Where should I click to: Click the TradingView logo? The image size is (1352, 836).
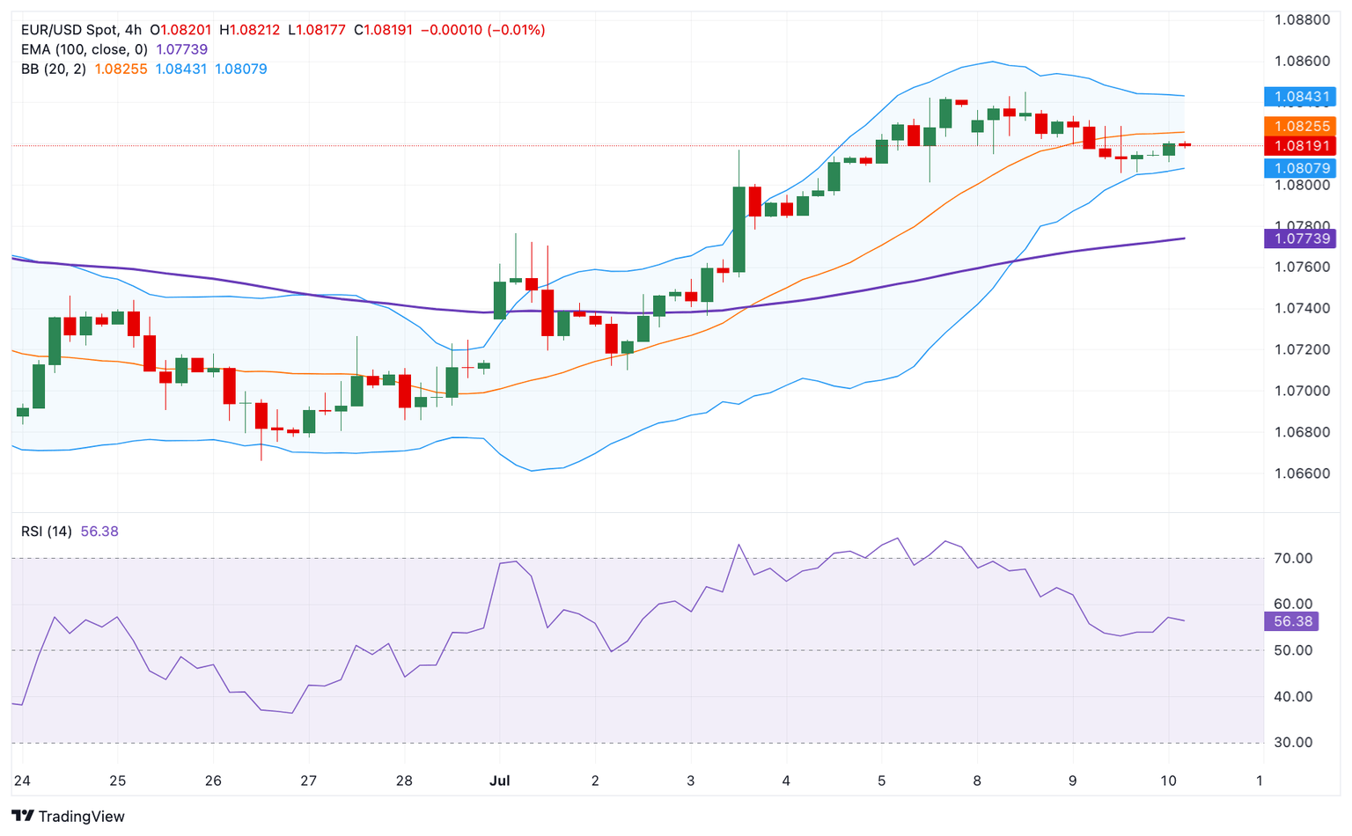(69, 816)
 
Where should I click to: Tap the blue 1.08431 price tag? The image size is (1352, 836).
(1300, 96)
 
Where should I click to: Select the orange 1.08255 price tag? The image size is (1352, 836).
(1300, 126)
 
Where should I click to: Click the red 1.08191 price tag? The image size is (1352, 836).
(1300, 145)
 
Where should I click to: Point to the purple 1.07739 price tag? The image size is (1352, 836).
(1300, 238)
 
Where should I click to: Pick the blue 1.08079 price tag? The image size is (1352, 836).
(1300, 167)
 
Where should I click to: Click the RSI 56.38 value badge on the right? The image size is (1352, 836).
(1291, 621)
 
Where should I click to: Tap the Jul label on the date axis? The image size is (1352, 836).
(499, 781)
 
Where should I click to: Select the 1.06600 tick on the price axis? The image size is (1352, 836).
(1302, 473)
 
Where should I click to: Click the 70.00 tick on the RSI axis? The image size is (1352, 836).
(1293, 558)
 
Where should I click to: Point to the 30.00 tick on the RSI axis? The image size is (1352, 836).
(1293, 743)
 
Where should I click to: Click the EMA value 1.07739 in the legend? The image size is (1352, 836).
(181, 49)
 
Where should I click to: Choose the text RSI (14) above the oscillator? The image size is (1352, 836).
(47, 532)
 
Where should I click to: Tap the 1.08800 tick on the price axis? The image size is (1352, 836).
(1302, 19)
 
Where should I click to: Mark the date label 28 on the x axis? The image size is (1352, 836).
(404, 781)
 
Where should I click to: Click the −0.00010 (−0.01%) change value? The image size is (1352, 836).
(482, 30)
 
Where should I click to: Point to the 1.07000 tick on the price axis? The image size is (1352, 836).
(1302, 391)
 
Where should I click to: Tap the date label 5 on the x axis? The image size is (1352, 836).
(881, 781)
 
